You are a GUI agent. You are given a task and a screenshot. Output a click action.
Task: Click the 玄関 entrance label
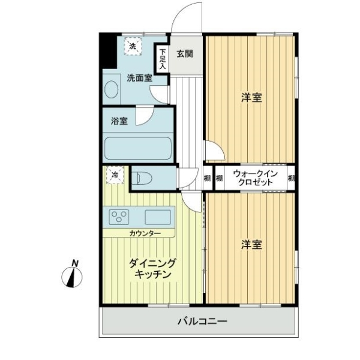click(185, 54)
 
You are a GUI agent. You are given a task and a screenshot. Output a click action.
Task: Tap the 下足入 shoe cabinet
click(163, 59)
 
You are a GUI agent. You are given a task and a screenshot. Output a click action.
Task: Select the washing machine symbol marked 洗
click(133, 46)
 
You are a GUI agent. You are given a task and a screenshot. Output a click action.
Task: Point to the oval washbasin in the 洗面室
click(112, 89)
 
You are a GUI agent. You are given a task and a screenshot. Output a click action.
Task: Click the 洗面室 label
click(140, 78)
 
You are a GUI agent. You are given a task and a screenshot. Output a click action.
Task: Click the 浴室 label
click(119, 121)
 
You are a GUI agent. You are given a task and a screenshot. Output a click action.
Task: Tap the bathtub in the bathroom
click(138, 148)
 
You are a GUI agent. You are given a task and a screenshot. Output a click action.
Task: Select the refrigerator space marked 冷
click(115, 175)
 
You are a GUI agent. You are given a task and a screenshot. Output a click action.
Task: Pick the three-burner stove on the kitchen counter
click(119, 217)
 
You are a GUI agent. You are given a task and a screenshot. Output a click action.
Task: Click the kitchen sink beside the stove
click(158, 217)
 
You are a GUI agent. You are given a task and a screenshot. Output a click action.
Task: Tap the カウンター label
click(145, 233)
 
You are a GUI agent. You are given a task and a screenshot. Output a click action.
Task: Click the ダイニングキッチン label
click(152, 268)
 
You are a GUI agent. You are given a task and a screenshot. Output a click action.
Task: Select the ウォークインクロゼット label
click(256, 178)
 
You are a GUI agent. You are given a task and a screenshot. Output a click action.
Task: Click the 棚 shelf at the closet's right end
click(291, 178)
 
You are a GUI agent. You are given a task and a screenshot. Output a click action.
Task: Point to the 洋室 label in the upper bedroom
click(251, 98)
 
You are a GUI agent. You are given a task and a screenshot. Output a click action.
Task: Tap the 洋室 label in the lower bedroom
click(251, 245)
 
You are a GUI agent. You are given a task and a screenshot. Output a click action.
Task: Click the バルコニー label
click(203, 321)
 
